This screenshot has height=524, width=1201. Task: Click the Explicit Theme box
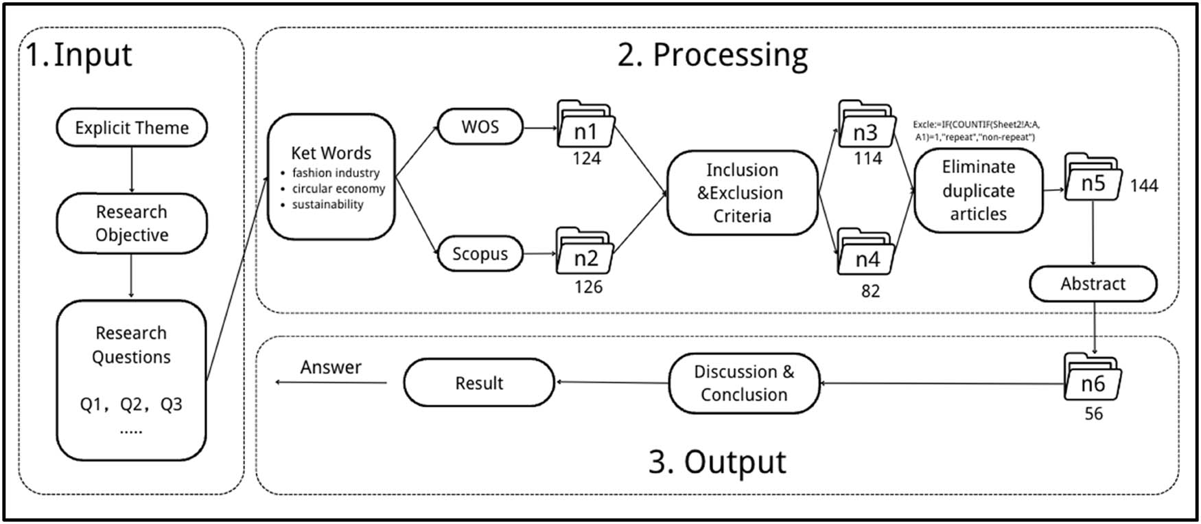(x=131, y=128)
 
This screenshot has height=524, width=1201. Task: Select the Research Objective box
(x=131, y=223)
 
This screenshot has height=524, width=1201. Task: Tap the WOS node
(x=480, y=127)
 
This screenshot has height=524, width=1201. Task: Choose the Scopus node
(x=480, y=253)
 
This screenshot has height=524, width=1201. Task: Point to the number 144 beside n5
(x=1143, y=185)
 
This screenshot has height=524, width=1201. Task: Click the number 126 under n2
(x=588, y=286)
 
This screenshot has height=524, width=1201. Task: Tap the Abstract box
(x=1093, y=284)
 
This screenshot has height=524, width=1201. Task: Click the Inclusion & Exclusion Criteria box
(x=742, y=193)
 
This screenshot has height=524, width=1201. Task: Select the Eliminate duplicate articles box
(x=978, y=190)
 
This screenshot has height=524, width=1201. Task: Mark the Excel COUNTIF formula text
(x=976, y=130)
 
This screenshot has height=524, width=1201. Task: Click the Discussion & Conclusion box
(x=744, y=383)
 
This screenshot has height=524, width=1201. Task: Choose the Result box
(x=478, y=383)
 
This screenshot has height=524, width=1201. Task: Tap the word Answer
(x=331, y=367)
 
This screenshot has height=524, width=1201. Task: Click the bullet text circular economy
(x=338, y=189)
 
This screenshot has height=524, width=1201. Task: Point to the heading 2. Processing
(x=712, y=55)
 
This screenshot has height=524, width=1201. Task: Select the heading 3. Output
(x=717, y=462)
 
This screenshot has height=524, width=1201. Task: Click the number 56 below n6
(x=1093, y=413)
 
